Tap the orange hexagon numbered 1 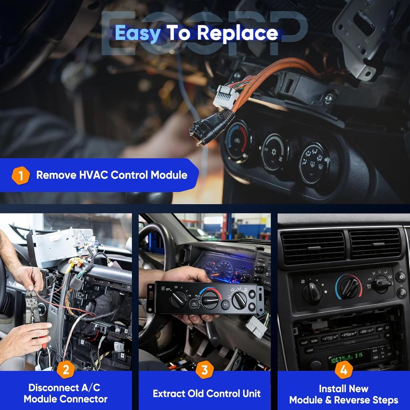click(20, 175)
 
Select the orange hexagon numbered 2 click(66, 370)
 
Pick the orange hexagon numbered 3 click(205, 370)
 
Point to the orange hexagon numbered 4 click(344, 370)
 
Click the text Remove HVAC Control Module click(112, 175)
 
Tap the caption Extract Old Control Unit click(207, 394)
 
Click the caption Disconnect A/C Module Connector click(66, 394)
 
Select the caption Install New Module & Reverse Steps click(344, 394)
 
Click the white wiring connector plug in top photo click(226, 96)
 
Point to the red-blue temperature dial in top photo click(238, 141)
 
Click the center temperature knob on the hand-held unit click(210, 299)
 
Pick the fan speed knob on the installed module click(312, 293)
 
